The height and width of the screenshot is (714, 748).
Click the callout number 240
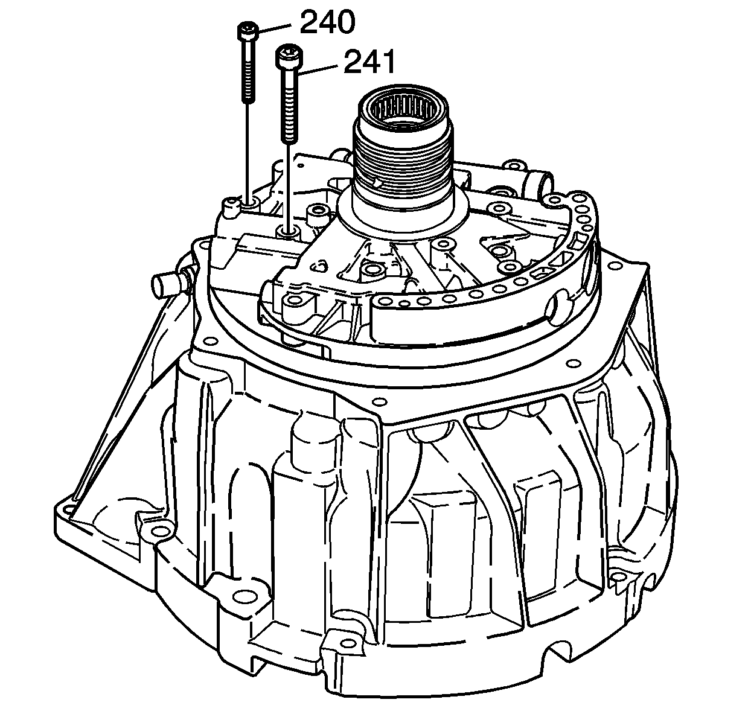pyautogui.click(x=327, y=22)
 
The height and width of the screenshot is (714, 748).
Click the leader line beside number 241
pyautogui.click(x=319, y=69)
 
